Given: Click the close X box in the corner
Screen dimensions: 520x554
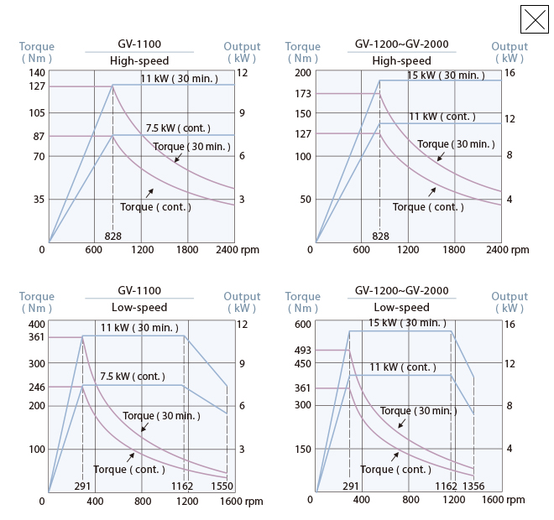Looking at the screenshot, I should click(x=535, y=19).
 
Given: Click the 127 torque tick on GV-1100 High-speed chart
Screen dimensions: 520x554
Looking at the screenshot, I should click(x=37, y=86).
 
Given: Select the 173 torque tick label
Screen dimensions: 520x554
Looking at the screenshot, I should click(x=302, y=93).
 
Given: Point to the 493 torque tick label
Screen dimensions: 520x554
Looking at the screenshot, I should click(x=302, y=350).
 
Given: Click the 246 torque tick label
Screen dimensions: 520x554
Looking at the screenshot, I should click(x=37, y=387).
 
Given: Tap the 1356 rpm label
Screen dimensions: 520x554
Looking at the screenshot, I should click(x=473, y=486).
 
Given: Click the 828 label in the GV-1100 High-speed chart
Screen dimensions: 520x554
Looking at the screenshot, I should click(x=113, y=237).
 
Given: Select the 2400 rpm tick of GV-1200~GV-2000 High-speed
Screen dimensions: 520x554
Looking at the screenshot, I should click(x=497, y=249).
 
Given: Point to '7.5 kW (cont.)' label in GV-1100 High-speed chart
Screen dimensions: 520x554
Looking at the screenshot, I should click(x=178, y=128).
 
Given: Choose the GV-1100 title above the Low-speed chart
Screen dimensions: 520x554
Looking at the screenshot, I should click(x=139, y=291).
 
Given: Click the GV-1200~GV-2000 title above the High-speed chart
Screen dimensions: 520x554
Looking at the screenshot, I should click(x=401, y=44).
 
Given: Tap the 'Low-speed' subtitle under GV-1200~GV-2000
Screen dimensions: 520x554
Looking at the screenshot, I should click(x=401, y=308).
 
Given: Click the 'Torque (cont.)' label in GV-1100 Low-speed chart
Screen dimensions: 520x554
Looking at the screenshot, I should click(x=128, y=470).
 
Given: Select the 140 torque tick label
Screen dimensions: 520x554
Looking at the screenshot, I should click(x=37, y=73).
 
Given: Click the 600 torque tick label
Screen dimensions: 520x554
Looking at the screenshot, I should click(x=302, y=324).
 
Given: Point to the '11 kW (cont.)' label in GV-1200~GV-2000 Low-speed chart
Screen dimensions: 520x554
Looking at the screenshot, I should click(x=403, y=367).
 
